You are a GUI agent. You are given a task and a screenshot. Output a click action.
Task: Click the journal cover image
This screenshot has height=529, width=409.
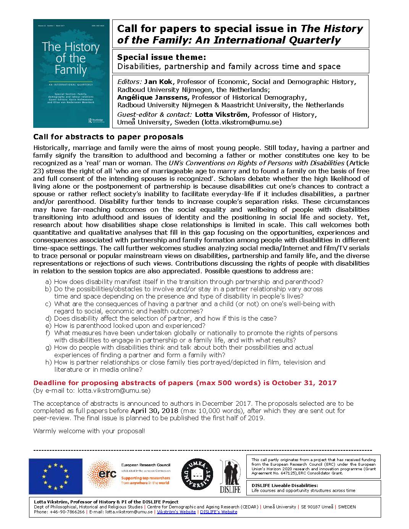[71, 73]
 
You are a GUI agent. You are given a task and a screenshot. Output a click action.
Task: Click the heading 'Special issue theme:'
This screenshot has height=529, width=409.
[162, 57]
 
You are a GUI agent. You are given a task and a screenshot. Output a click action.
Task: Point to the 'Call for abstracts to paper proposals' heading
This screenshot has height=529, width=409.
[108, 137]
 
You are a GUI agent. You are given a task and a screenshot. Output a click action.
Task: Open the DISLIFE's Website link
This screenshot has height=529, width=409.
[218, 512]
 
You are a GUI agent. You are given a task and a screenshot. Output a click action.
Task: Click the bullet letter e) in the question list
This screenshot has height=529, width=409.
[48, 326]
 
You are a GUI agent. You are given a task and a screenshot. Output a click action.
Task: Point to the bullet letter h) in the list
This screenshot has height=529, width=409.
[48, 362]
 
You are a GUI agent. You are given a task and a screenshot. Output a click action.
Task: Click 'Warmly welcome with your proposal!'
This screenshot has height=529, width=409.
[89, 431]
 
